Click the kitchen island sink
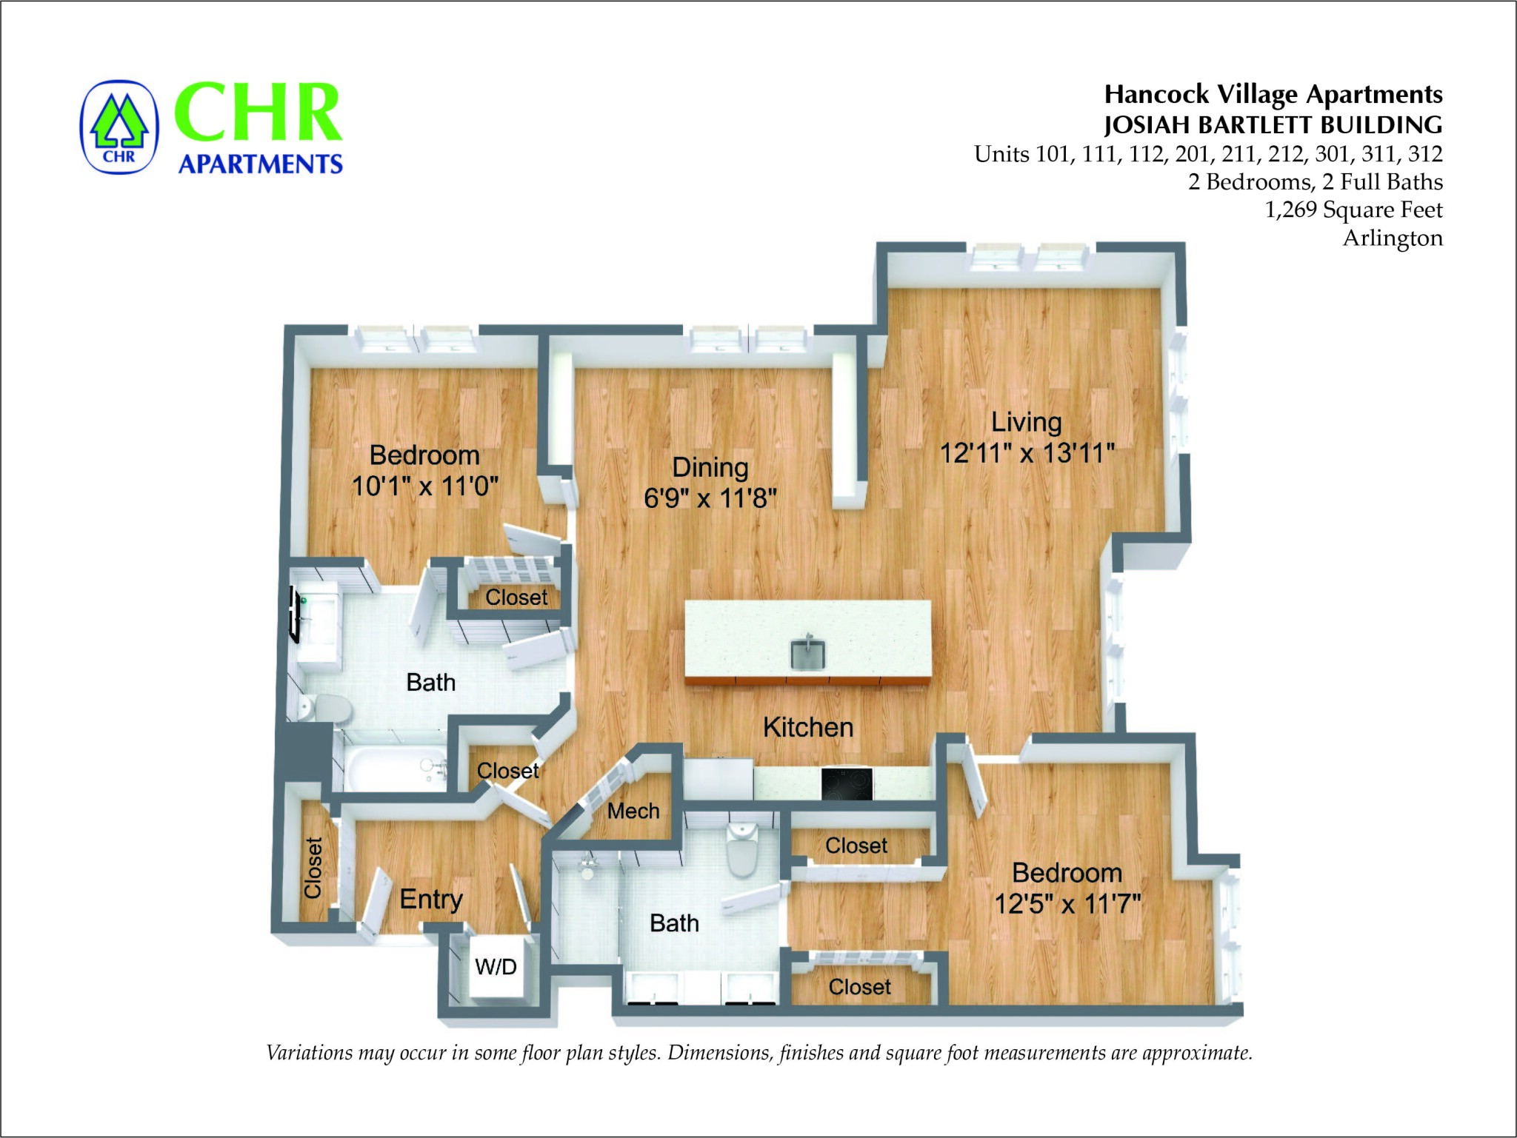(x=808, y=653)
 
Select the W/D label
(x=496, y=966)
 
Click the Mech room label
(x=633, y=811)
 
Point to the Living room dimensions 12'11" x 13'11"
(x=1027, y=453)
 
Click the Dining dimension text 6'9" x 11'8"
(x=710, y=498)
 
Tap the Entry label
(x=431, y=899)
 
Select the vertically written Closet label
(x=313, y=868)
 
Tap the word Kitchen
(x=808, y=727)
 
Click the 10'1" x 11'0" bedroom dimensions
(x=424, y=486)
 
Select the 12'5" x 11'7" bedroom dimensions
(x=1067, y=904)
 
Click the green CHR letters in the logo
(x=258, y=113)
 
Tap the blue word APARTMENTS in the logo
(x=261, y=164)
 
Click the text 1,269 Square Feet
(x=1353, y=210)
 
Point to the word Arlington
(x=1393, y=238)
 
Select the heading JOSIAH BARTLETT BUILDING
(x=1273, y=124)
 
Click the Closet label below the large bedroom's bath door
(x=859, y=987)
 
